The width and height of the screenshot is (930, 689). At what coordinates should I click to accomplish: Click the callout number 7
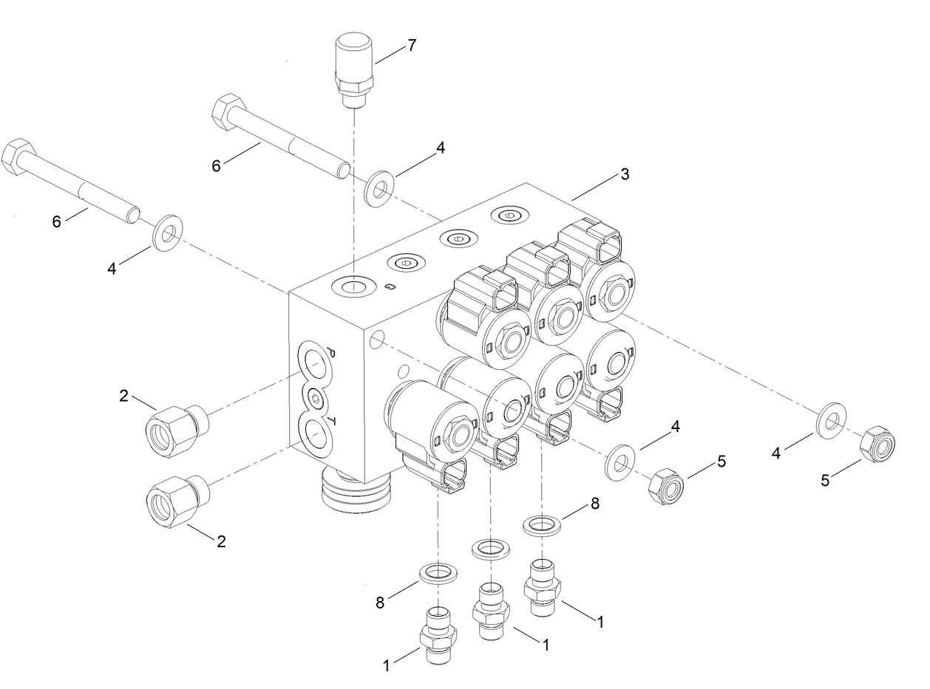point(410,46)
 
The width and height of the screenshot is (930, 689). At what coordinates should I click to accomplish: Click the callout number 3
point(625,175)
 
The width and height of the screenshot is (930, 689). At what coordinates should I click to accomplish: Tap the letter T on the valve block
point(332,422)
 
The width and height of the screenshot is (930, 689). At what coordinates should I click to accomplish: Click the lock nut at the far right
point(878,443)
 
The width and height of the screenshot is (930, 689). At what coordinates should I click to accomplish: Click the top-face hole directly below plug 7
point(354,285)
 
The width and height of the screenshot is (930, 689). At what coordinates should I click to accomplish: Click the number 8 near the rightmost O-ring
point(594,504)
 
